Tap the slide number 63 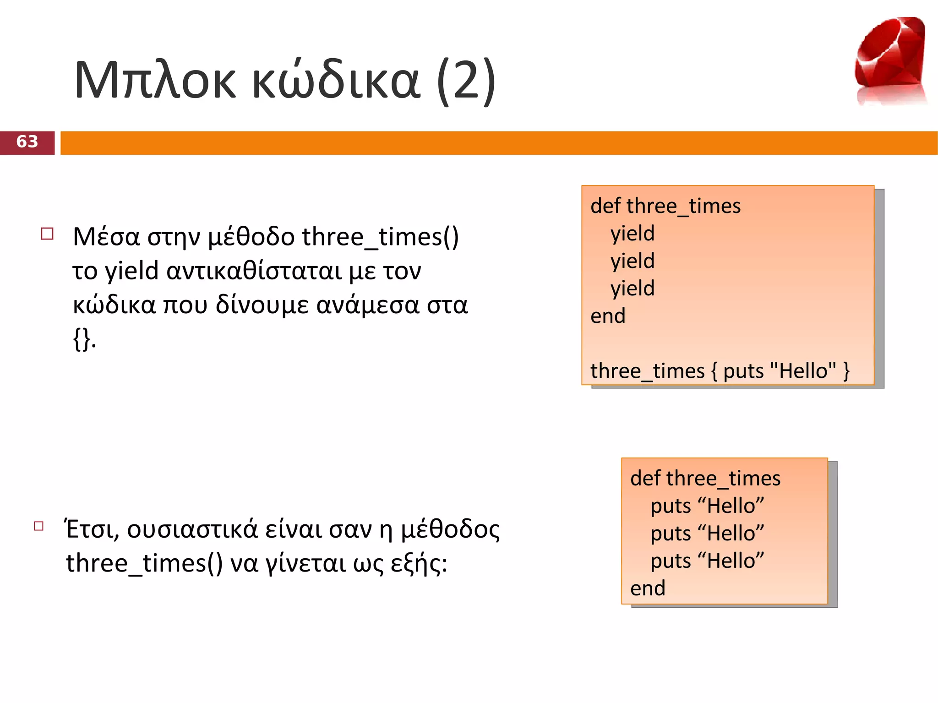pyautogui.click(x=27, y=142)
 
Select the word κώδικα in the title pyautogui.click(x=336, y=81)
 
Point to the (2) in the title pyautogui.click(x=466, y=81)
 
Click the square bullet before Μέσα pyautogui.click(x=47, y=234)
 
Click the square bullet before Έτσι pyautogui.click(x=39, y=526)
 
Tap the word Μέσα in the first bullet pyautogui.click(x=106, y=237)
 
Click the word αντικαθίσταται pyautogui.click(x=254, y=271)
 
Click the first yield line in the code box pyautogui.click(x=633, y=234)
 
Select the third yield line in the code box pyautogui.click(x=633, y=289)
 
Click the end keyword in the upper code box pyautogui.click(x=608, y=316)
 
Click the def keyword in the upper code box pyautogui.click(x=605, y=206)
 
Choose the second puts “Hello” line pyautogui.click(x=707, y=534)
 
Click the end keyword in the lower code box pyautogui.click(x=648, y=589)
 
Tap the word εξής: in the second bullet pyautogui.click(x=419, y=564)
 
